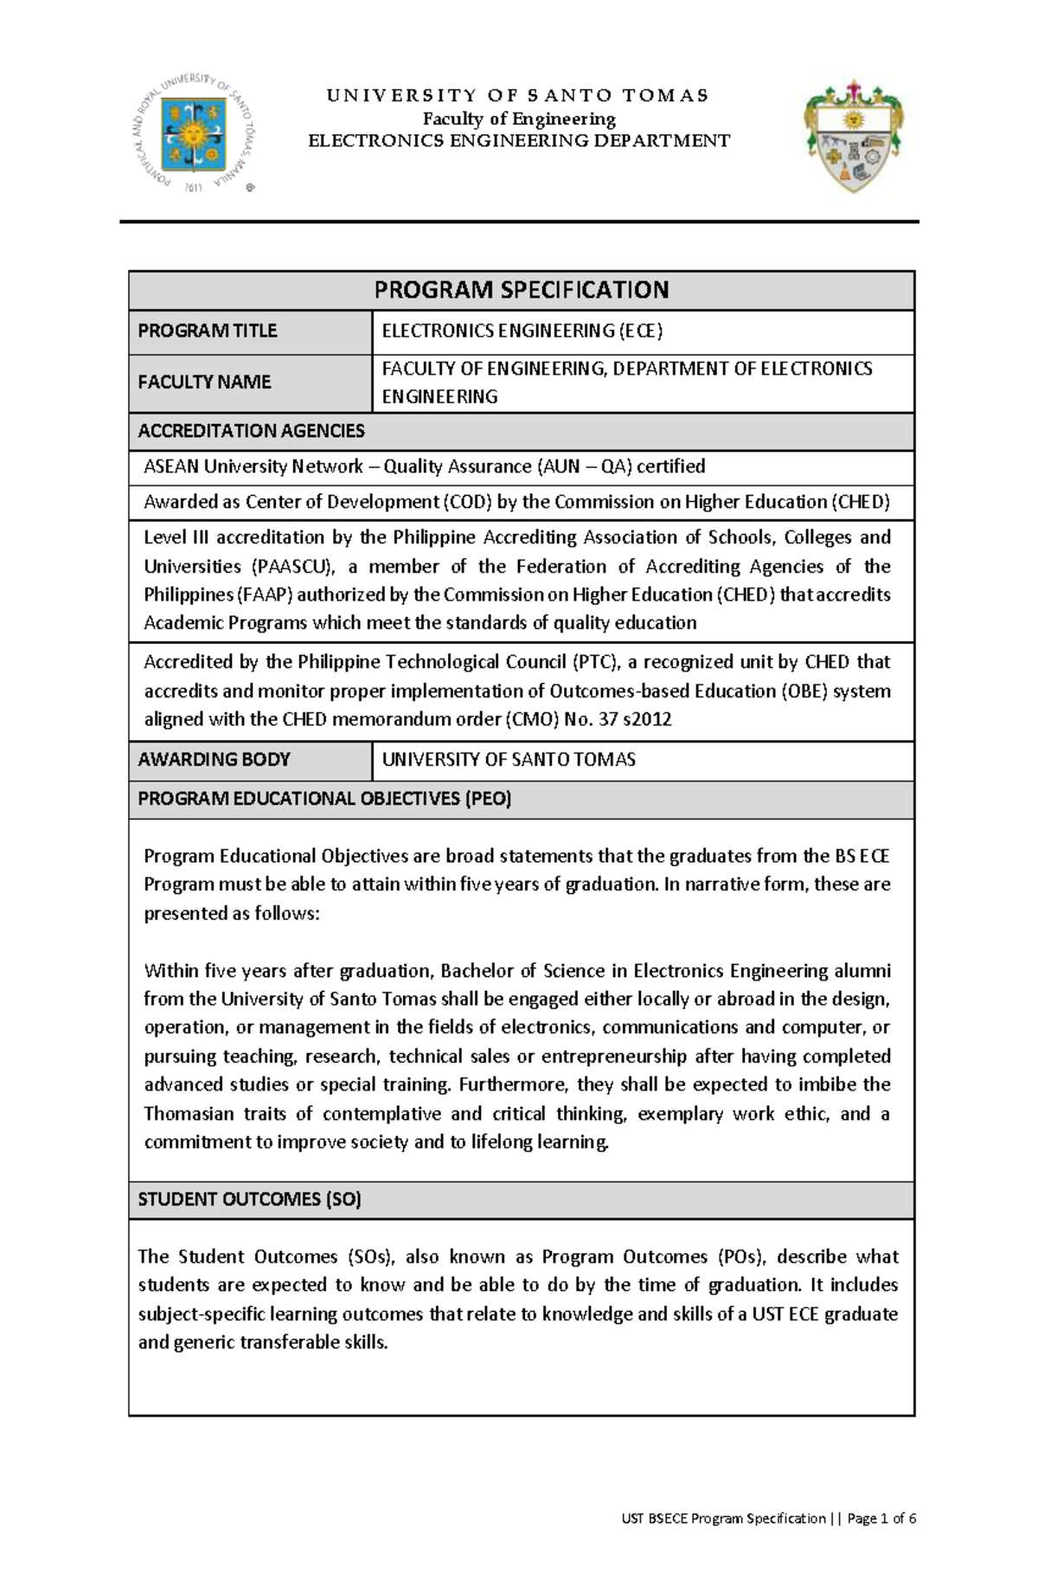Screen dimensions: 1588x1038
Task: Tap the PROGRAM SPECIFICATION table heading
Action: pos(521,290)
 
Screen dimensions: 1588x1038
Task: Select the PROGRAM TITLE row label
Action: pos(207,331)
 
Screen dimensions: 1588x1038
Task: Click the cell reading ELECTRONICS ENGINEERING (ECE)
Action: pos(522,331)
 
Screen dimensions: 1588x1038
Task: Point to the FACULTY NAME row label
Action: pos(204,382)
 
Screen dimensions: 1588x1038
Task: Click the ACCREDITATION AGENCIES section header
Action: pos(251,430)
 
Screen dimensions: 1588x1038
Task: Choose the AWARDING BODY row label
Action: pos(214,759)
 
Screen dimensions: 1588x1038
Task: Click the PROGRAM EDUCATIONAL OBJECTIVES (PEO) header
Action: pos(324,799)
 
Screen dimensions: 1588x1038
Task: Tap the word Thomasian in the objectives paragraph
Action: pos(186,1114)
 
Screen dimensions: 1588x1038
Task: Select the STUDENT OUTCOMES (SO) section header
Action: pos(249,1199)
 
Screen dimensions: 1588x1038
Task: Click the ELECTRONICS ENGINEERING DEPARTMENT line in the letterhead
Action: pos(519,141)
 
